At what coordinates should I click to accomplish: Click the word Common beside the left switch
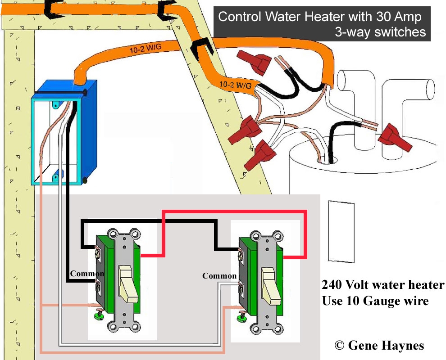coord(87,274)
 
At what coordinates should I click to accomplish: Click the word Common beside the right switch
coord(219,275)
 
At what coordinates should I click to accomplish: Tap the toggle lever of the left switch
coord(128,283)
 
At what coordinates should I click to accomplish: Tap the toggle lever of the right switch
coord(271,286)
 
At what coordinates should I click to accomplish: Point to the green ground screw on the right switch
coord(242,316)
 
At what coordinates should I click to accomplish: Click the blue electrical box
coord(64,133)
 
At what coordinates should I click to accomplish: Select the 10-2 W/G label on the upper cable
coord(146,49)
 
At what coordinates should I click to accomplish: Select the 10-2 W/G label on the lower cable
coord(235,85)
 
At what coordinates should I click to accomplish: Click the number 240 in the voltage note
coord(332,284)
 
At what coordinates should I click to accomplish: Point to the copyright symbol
coord(339,345)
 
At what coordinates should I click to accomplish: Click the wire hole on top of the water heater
coord(328,160)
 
